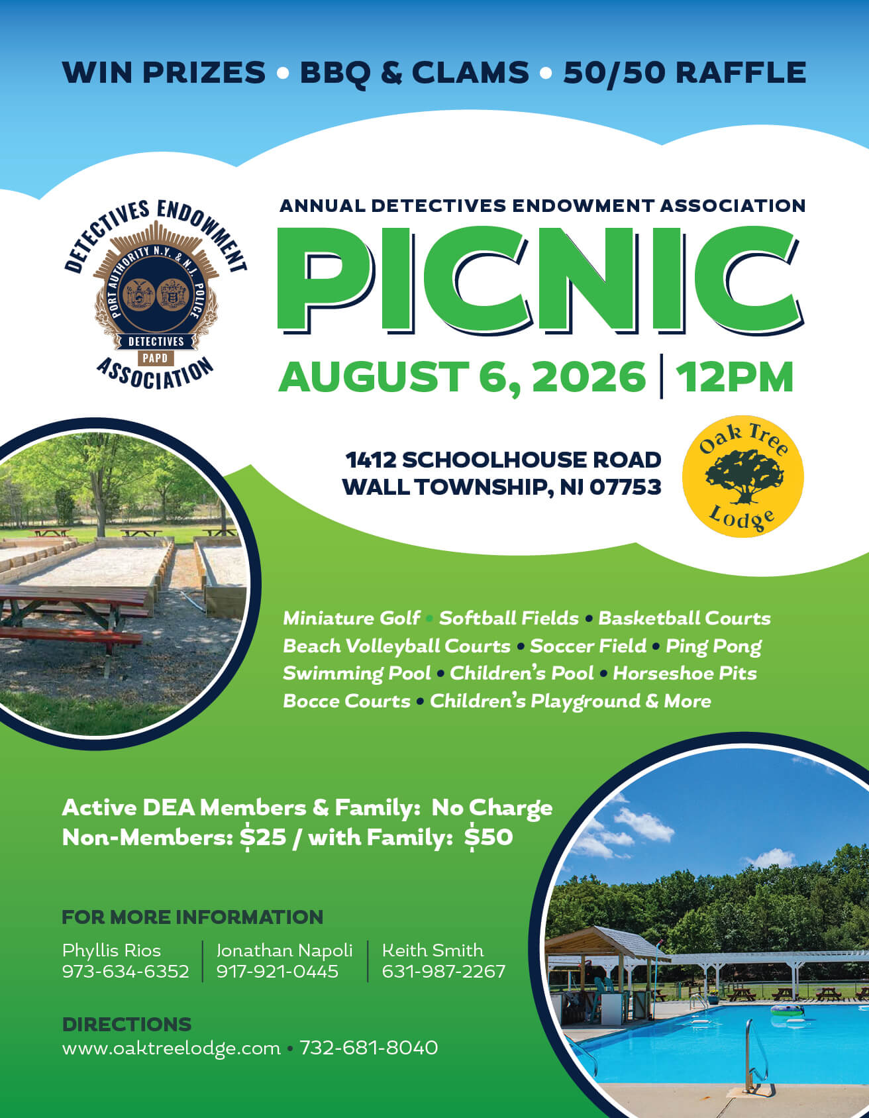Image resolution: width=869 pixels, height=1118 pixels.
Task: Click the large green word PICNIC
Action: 540,281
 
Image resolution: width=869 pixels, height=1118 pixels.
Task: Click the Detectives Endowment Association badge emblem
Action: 156,293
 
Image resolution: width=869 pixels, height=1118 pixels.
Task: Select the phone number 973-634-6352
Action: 125,972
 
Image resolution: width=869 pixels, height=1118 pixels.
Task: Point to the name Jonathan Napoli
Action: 284,950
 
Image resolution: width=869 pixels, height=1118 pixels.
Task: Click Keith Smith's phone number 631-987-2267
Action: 444,972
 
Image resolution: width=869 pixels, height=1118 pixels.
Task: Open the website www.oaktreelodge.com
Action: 172,1048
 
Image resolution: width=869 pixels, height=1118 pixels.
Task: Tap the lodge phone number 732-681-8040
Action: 368,1048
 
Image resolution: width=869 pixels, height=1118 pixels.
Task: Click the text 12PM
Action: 734,377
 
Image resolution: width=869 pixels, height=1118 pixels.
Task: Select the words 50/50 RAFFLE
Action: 685,72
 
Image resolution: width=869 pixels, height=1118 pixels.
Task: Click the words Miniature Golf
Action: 351,619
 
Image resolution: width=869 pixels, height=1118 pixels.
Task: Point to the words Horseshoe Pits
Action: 685,673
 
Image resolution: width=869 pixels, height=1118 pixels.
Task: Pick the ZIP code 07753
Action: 625,487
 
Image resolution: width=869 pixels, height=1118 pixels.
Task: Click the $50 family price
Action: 489,837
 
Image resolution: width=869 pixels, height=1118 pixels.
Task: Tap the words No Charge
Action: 492,808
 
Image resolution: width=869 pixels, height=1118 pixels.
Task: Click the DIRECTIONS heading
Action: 127,1024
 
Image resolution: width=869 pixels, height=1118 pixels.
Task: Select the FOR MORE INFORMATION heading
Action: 193,917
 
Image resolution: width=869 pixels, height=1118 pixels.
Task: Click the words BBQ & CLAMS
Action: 415,72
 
